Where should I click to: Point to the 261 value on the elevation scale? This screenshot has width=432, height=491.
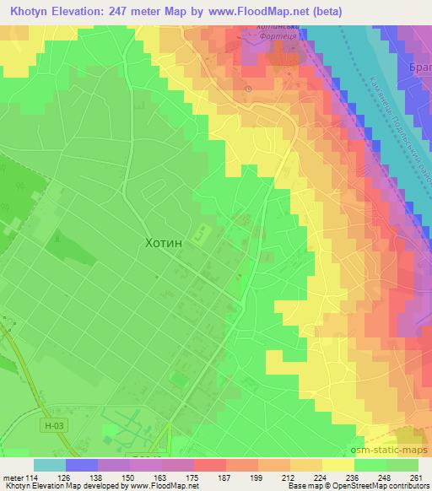tap(413, 478)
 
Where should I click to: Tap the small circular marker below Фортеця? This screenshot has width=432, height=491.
tap(247, 89)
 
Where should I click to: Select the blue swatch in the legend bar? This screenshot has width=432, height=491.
tap(82, 465)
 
